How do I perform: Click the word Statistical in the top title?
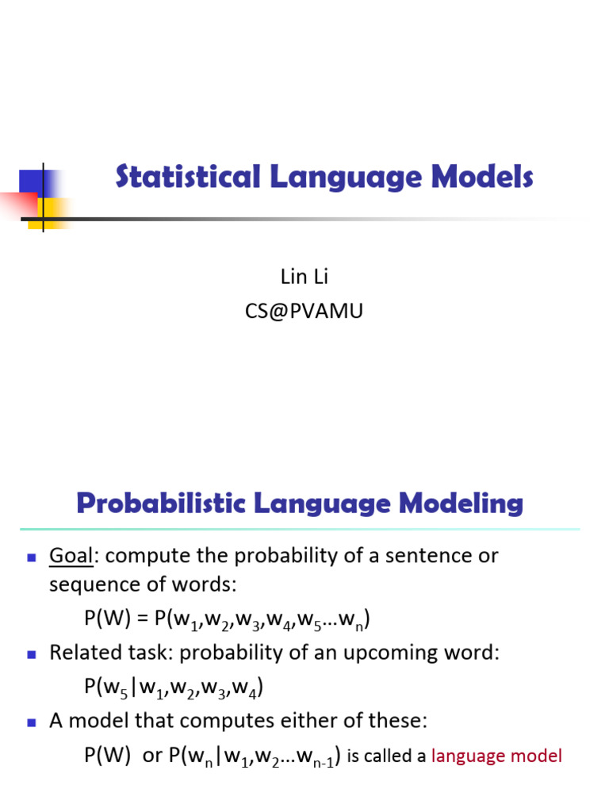187,177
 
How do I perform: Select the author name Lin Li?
304,277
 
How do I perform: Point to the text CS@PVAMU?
304,312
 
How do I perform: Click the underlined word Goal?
71,556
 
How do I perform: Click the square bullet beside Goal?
32,557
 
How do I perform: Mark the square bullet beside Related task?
32,655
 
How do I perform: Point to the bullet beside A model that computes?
32,723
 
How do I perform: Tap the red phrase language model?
496,756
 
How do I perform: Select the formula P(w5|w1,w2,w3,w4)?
173,688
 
